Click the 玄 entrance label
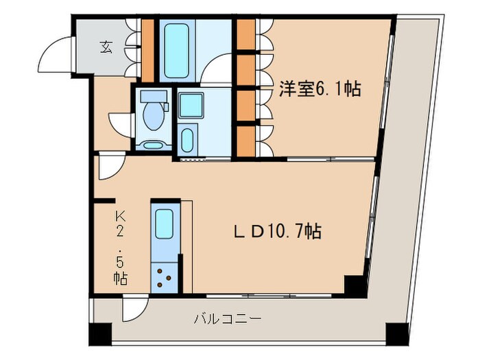click(106, 47)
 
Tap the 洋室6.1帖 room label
click(320, 89)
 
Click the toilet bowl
click(154, 117)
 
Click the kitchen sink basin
click(164, 224)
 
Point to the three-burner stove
click(164, 275)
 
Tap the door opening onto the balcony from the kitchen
click(132, 311)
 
